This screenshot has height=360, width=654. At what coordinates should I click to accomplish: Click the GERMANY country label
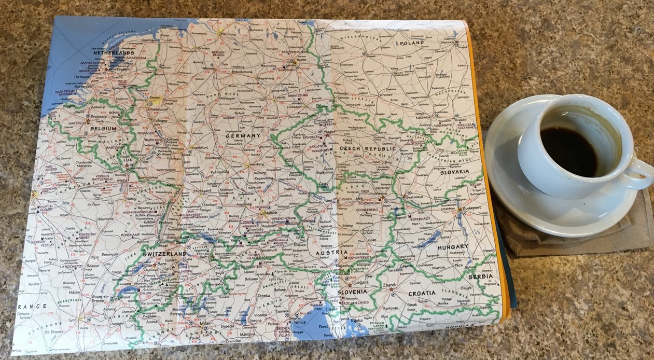tap(242, 135)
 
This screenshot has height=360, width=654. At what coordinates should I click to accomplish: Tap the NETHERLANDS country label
tap(113, 52)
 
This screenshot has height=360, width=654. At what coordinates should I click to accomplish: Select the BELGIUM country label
tap(103, 128)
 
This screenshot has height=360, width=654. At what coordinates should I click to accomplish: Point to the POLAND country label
tap(412, 44)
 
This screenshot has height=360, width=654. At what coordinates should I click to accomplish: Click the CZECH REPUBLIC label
tap(367, 148)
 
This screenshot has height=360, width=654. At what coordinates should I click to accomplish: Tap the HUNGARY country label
tap(452, 247)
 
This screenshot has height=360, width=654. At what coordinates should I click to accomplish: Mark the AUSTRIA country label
tap(331, 253)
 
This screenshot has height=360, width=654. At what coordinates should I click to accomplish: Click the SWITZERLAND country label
tap(164, 254)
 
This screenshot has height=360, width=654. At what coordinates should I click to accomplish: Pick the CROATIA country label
tap(422, 293)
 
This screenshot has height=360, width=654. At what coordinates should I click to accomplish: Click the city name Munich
tap(271, 214)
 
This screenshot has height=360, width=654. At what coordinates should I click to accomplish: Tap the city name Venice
tap(300, 321)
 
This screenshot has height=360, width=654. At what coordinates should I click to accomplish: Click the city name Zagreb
tap(389, 285)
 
